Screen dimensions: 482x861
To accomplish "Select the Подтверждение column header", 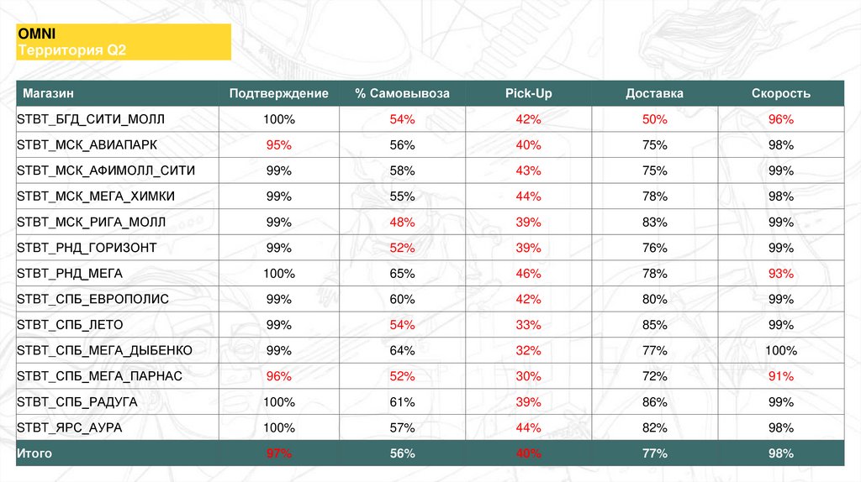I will [278, 93].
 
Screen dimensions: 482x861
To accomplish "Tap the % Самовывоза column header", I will [402, 93].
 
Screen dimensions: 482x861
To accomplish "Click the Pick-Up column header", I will [529, 93].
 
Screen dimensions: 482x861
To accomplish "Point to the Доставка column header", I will [654, 93].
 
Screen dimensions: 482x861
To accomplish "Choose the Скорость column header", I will [780, 93].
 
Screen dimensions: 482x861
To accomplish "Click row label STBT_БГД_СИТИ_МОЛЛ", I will [92, 119].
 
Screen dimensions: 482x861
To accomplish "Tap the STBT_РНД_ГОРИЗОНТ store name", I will [87, 248].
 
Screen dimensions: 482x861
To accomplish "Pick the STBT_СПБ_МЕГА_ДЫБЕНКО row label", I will [104, 350].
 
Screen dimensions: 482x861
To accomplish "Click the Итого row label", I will [34, 453].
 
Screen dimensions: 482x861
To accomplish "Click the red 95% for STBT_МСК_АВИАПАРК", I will [278, 145].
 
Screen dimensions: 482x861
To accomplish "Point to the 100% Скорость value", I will [780, 350].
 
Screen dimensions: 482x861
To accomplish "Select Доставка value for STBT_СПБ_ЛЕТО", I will [654, 325].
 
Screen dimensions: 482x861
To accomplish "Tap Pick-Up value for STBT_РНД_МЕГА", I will [529, 274].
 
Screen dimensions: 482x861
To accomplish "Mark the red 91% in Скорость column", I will [780, 376].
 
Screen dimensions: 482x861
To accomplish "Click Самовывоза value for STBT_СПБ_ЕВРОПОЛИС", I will [402, 299].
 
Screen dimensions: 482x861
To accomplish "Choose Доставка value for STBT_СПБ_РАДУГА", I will [654, 402].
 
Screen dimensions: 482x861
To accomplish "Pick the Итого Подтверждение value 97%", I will [278, 453].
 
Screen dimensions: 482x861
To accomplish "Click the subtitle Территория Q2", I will [71, 50].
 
